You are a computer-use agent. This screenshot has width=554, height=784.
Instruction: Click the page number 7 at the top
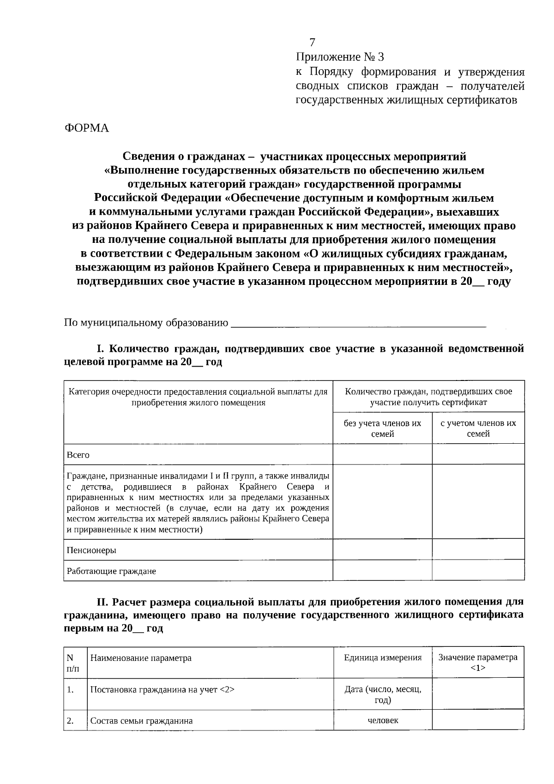[x=313, y=42]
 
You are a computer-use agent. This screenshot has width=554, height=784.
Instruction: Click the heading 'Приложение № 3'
[x=340, y=57]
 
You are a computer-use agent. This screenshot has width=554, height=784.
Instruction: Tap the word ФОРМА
[x=86, y=128]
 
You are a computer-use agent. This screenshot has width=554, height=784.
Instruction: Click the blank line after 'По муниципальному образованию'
[x=358, y=323]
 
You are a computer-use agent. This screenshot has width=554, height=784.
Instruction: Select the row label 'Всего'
[x=78, y=455]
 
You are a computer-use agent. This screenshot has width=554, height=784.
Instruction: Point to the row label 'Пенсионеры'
[x=91, y=550]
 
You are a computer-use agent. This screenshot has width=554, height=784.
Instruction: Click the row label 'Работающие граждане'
[x=111, y=571]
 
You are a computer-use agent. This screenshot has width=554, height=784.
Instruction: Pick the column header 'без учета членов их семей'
[x=382, y=428]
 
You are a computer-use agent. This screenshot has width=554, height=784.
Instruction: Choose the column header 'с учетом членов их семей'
[x=478, y=428]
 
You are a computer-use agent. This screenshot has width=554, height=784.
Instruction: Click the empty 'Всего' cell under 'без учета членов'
[x=382, y=454]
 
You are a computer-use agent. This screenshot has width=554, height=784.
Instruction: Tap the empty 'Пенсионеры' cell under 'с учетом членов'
[x=478, y=550]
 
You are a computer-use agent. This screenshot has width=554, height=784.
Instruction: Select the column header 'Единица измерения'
[x=382, y=657]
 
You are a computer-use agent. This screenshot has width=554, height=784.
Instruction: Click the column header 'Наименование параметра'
[x=141, y=658]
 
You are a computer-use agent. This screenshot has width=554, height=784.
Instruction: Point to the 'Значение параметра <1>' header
[x=478, y=662]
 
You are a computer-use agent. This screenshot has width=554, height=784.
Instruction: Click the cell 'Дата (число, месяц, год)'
[x=382, y=694]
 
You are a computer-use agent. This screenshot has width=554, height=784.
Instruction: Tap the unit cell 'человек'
[x=383, y=720]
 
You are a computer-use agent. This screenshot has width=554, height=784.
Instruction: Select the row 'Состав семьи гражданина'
[x=141, y=721]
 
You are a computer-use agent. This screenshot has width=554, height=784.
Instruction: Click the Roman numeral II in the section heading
[x=102, y=602]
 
